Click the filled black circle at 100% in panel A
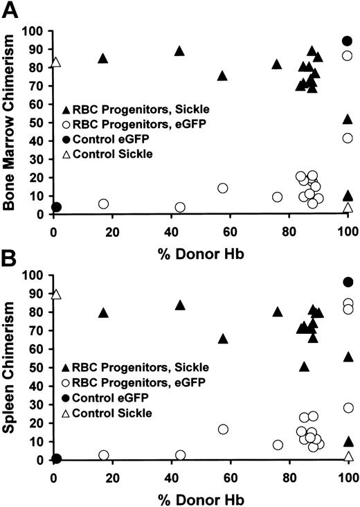pos(348,41)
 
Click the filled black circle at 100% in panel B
pos(348,282)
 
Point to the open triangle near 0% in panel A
pos(56,63)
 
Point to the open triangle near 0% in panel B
pos(56,294)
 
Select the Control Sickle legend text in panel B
pos(113,413)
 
